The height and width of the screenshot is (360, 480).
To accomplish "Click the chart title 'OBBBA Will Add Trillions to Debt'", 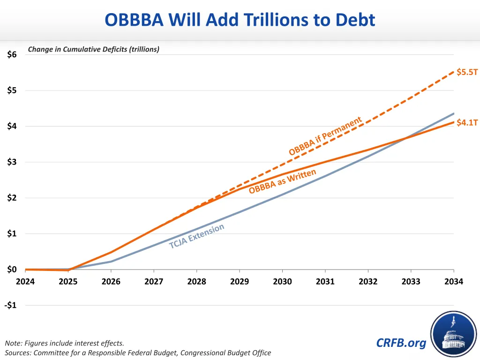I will (240, 20).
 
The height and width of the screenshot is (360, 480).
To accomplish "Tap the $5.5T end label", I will (467, 72).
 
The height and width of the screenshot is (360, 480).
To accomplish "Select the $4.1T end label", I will (467, 123).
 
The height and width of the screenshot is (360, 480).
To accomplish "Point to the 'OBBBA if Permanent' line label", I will (325, 136).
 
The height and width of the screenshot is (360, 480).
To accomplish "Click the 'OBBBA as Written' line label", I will (282, 182).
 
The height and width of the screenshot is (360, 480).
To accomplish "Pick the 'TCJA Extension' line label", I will (197, 236).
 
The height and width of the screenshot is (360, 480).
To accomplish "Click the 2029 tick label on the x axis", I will (240, 281).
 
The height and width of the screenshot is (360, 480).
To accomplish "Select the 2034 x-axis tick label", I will (454, 281).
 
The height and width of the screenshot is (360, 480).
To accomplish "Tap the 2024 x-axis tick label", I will (25, 281).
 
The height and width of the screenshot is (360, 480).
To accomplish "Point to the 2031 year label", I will (325, 281).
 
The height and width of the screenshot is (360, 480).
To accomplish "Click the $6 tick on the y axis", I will (12, 54).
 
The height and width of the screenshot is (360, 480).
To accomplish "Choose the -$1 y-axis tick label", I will (10, 305).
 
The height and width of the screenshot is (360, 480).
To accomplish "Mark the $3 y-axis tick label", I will (12, 162).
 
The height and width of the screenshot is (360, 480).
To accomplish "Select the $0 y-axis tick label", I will (12, 270).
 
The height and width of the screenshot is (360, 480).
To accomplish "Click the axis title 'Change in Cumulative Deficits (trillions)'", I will (94, 49).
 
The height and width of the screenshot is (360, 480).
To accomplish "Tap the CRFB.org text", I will (401, 343).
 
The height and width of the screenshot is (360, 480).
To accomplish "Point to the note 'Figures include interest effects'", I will (65, 343).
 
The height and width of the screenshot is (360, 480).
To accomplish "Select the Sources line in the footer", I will (138, 352).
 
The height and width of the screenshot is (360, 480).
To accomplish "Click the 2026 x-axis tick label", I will (111, 281).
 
